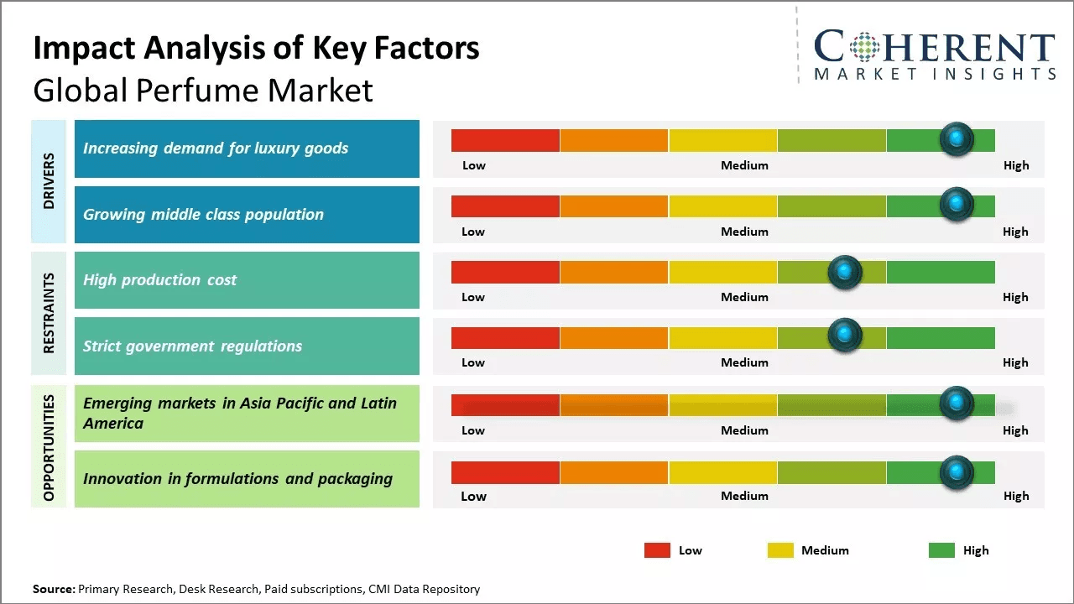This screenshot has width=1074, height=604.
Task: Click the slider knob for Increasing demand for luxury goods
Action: tap(956, 139)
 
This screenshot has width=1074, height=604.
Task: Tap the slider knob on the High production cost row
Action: tap(844, 272)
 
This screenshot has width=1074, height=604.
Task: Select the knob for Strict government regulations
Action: tap(844, 336)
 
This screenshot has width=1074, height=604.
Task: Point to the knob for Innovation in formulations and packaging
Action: tap(956, 472)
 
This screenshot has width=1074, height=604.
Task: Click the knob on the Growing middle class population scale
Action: tap(956, 205)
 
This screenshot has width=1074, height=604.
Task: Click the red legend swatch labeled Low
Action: tap(657, 550)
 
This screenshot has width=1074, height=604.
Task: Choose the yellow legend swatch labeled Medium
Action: tap(780, 550)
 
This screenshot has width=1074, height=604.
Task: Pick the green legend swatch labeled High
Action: tap(941, 550)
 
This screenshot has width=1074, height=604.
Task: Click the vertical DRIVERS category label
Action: tap(49, 181)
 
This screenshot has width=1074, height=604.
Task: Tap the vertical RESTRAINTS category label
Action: tap(49, 313)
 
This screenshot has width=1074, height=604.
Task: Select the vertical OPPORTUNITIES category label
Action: tap(49, 447)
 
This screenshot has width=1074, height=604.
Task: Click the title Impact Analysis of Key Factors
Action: tap(256, 48)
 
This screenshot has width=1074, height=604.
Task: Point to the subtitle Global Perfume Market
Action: tap(203, 90)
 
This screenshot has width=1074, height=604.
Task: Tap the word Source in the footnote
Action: tap(53, 589)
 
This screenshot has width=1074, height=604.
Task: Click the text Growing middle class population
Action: tap(203, 215)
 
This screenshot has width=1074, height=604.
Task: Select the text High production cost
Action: tap(159, 280)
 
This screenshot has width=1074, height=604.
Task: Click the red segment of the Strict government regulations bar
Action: tap(505, 337)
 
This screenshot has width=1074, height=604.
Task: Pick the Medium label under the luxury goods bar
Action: tap(744, 165)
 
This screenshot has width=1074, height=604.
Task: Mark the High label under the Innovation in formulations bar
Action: tap(1015, 496)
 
